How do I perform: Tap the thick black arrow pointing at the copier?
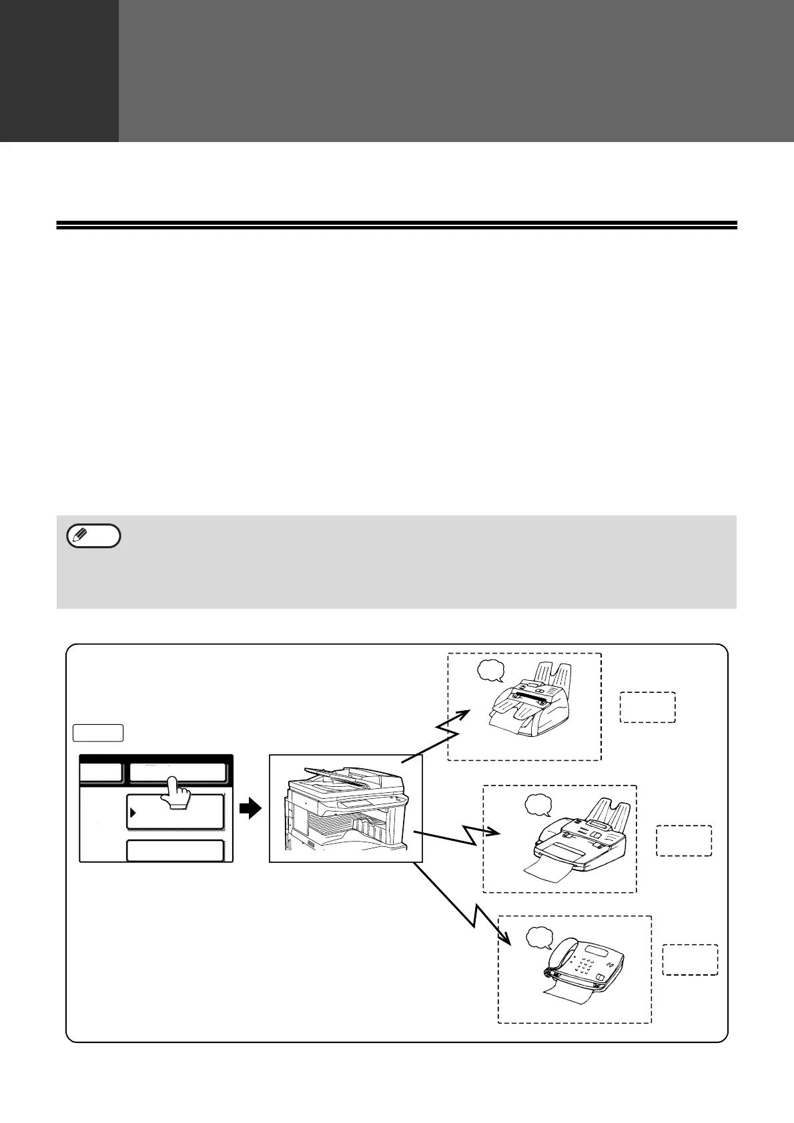pos(250,810)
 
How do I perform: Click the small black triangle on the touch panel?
pos(133,812)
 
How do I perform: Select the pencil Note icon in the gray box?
pos(94,536)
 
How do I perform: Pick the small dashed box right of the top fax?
pos(647,708)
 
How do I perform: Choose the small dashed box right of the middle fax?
pos(684,840)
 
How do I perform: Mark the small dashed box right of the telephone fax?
pos(690,960)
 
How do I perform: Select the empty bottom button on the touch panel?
pos(175,851)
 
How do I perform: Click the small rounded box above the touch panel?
pos(98,732)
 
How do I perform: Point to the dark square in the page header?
pos(59,70)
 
